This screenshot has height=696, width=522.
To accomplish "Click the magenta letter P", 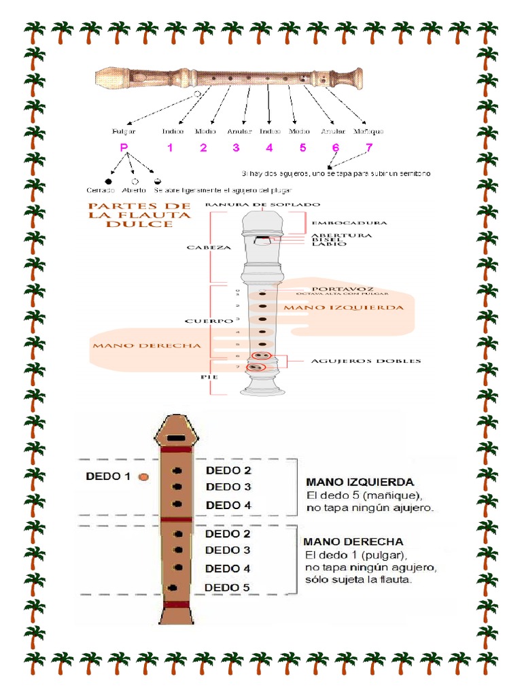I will pos(124,148).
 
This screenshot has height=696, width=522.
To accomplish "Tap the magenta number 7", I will pos(369,148).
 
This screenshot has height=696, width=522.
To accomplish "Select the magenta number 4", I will pos(269,148).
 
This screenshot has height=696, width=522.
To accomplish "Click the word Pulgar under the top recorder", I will pos(124,131).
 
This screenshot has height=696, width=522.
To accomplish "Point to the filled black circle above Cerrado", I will pos(109,181).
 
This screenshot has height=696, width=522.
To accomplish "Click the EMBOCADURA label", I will pos(349,223).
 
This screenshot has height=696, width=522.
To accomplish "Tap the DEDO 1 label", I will pos(108,476).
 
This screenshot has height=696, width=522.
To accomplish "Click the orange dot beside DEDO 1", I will pos(143,477).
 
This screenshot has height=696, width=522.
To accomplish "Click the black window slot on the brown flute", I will pos(175,438).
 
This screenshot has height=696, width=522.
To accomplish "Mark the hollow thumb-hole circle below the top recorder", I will pos(197,94).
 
